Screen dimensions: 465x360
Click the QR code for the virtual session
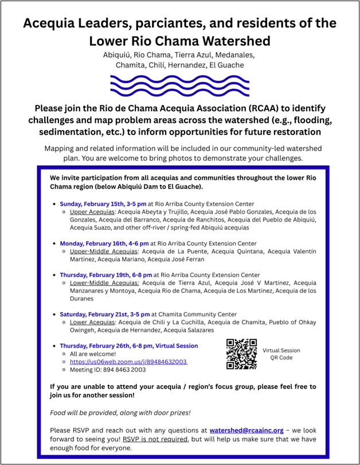point(241,354)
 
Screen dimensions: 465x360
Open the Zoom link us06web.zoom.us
point(128,362)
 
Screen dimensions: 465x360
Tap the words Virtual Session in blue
point(172,346)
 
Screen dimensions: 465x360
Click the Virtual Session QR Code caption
point(281,354)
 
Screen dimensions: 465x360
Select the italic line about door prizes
point(104,413)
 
